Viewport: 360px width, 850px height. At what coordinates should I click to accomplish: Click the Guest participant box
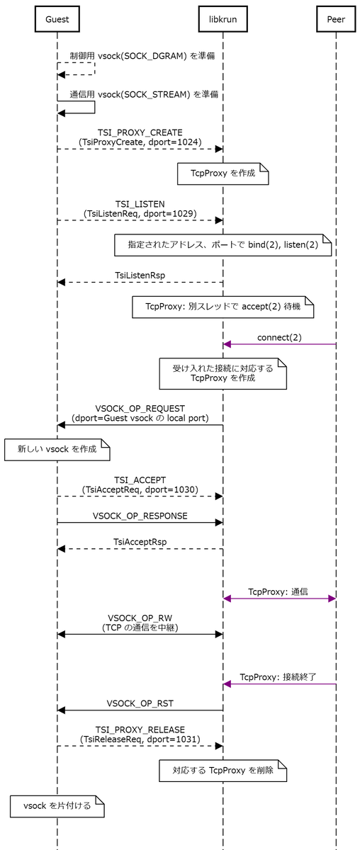pos(57,19)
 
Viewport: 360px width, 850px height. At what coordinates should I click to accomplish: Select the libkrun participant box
pos(223,19)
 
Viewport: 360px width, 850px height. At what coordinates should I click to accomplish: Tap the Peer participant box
pos(336,19)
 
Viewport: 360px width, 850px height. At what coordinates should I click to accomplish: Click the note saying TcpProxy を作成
pos(223,174)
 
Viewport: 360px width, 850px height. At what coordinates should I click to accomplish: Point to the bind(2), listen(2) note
pos(223,245)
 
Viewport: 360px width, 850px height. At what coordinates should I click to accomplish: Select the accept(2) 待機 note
pos(223,307)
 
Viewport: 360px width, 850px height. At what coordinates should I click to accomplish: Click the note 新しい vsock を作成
pos(57,450)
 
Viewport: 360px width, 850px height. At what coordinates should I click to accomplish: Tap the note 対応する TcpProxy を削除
pos(223,771)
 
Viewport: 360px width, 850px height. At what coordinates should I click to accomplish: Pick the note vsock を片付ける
pos(57,806)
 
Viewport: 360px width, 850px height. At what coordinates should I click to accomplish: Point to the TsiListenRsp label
pos(140,276)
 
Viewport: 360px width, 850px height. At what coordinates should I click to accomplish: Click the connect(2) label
pos(279,337)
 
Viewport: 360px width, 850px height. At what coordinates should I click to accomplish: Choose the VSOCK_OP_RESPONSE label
pos(140,516)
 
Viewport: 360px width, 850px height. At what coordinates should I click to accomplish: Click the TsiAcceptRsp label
pos(140,542)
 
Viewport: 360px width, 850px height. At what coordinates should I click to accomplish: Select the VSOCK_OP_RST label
pos(140,703)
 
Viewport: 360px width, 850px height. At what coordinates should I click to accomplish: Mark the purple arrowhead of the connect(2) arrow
pos(227,344)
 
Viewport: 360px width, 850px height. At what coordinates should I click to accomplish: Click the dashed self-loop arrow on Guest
pos(94,69)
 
